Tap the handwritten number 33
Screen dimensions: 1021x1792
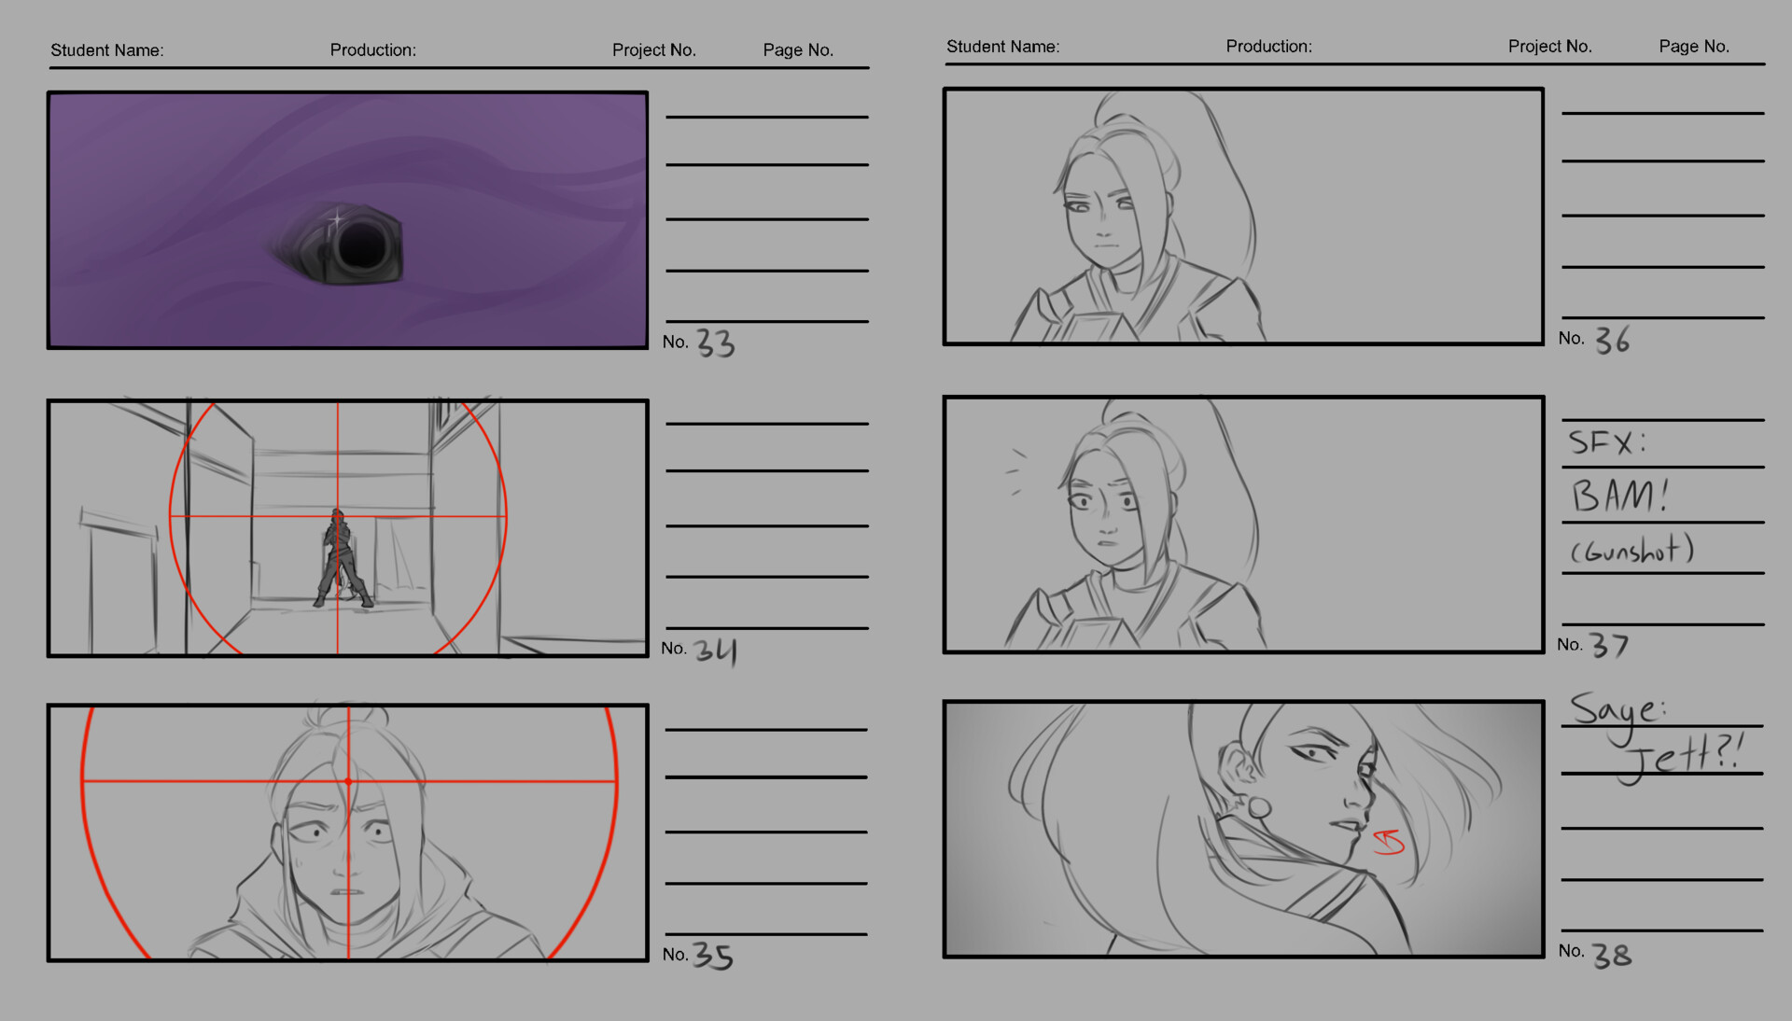point(716,343)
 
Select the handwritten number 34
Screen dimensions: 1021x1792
point(716,650)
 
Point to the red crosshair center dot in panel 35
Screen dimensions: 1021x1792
point(348,781)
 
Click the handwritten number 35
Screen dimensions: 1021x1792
point(713,957)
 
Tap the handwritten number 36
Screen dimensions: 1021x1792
point(1612,341)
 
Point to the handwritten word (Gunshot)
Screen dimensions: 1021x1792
point(1631,551)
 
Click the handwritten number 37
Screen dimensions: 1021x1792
point(1610,646)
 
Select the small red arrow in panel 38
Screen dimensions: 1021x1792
point(1389,842)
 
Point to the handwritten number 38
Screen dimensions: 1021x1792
point(1612,955)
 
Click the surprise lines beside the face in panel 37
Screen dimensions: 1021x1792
point(1016,471)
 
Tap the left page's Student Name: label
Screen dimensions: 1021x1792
point(107,50)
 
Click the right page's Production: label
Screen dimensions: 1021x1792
point(1268,47)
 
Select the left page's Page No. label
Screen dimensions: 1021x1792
point(798,50)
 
